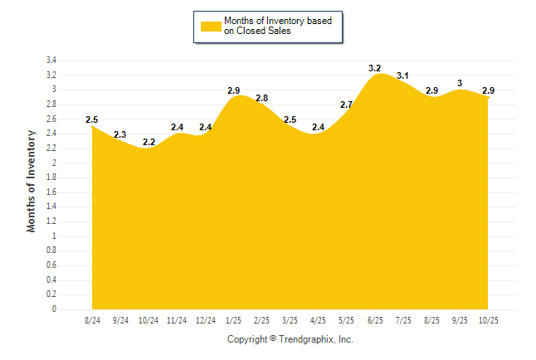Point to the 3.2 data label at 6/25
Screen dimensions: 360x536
tap(374, 67)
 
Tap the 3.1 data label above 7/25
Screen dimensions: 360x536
tap(402, 75)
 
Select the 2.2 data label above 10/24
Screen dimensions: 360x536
tap(149, 142)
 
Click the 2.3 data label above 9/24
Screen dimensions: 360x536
tap(120, 134)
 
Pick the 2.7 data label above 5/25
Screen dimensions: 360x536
tap(346, 105)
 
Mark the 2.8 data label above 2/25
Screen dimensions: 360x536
tap(261, 98)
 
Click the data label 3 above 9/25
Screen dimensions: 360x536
tap(459, 83)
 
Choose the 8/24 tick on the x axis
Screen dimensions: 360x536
tap(92, 320)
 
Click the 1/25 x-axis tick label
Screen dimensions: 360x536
tap(233, 320)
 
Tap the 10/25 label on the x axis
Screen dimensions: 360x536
tap(487, 320)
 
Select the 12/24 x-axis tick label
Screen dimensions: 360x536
tap(205, 320)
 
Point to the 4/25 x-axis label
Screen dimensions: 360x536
tap(318, 320)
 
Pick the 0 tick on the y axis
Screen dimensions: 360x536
tap(54, 309)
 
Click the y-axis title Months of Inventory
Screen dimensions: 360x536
tap(32, 181)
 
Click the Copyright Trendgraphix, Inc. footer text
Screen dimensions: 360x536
tap(290, 339)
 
